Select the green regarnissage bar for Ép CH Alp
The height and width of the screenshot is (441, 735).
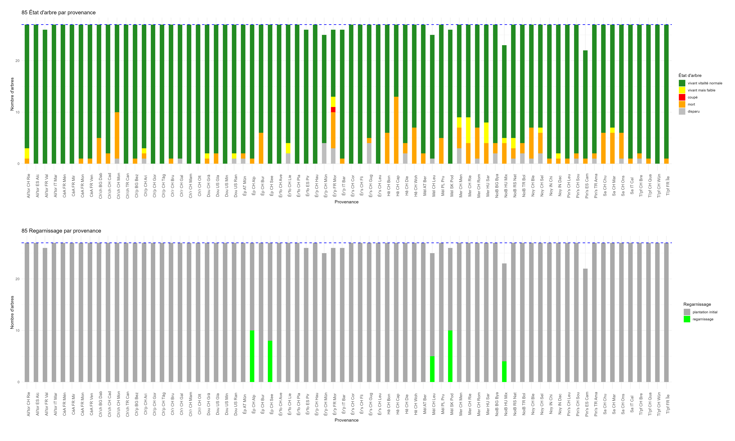252,356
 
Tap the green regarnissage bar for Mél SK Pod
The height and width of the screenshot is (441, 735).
450,356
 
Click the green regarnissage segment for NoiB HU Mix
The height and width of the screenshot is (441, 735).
504,371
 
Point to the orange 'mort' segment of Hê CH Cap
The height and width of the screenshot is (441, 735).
396,130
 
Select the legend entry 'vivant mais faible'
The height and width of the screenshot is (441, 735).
701,90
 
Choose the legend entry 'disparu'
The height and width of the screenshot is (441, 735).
693,111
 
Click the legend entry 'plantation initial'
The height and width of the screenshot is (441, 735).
705,312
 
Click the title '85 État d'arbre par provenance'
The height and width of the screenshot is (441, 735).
59,12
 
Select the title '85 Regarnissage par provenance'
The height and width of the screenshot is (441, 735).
61,231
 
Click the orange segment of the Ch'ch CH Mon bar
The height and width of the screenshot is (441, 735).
117,135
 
